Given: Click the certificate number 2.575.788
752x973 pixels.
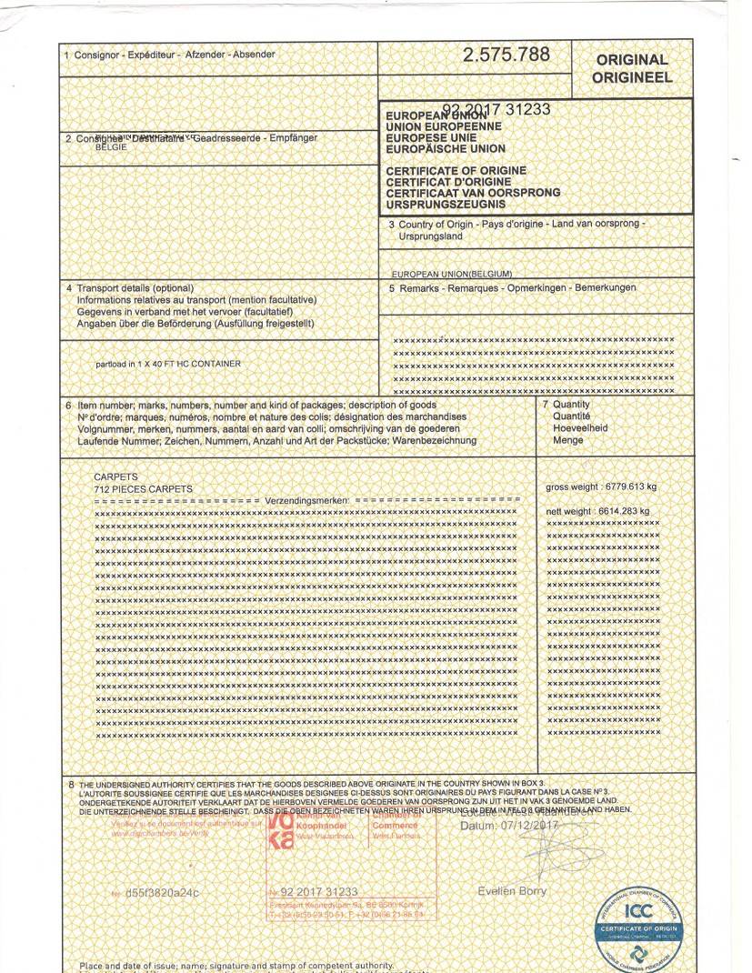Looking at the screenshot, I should [x=506, y=55].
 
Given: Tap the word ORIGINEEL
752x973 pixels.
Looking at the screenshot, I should [x=632, y=77].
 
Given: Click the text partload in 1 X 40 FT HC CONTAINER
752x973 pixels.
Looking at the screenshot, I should [x=168, y=364].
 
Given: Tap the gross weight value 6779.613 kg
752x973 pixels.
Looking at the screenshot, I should [x=627, y=487].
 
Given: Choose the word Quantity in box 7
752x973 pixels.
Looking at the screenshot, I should [x=571, y=405].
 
